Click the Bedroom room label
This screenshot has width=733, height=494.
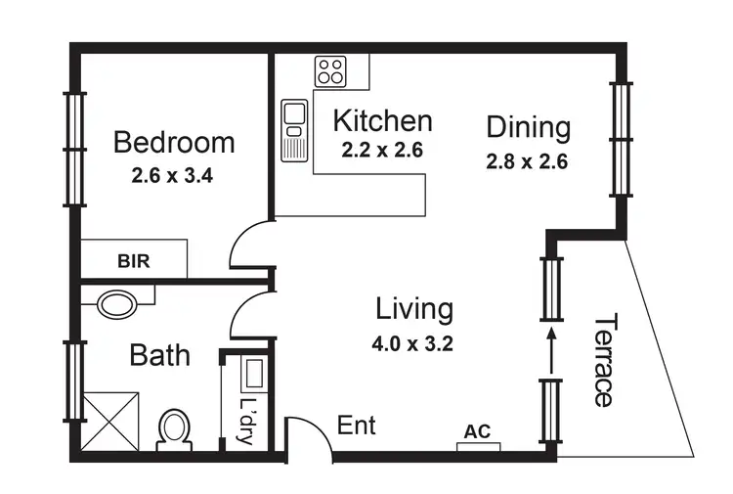pos(174,143)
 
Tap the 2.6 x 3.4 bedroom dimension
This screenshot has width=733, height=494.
pos(173,178)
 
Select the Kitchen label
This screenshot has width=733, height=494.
pos(382,121)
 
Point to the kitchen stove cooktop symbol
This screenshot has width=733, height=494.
pos(329,69)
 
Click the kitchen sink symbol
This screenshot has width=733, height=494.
pos(294,129)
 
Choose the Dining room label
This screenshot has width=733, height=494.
pos(528,127)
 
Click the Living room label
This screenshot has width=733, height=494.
pos(414,309)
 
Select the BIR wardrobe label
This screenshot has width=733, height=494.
pos(133,261)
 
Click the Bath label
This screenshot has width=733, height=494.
pos(159,354)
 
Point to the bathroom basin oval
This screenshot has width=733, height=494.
pos(118,303)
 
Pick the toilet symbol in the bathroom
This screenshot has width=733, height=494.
pos(175,427)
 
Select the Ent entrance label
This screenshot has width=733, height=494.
pos(356,426)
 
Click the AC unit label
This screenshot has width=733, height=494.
pos(478,431)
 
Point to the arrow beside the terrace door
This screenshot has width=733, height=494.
pos(552,350)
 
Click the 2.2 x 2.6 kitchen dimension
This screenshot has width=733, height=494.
pos(382,151)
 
